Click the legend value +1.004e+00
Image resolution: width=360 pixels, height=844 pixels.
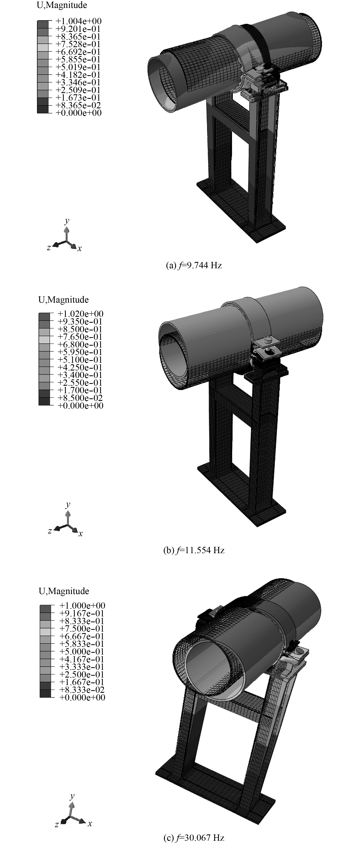[78, 21]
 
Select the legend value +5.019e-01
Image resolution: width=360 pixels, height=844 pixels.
[78, 67]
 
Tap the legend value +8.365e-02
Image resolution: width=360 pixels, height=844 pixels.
[78, 105]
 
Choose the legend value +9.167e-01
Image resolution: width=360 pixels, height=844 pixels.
[82, 613]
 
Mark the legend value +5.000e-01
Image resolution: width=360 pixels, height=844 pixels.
[82, 651]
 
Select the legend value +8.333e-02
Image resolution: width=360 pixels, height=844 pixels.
[82, 690]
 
